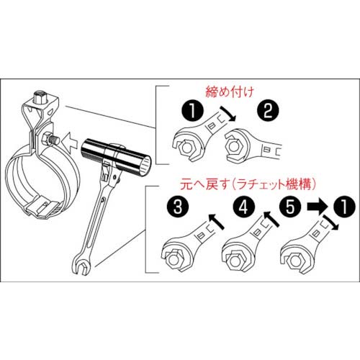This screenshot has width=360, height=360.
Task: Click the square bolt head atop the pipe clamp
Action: tap(41, 96)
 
